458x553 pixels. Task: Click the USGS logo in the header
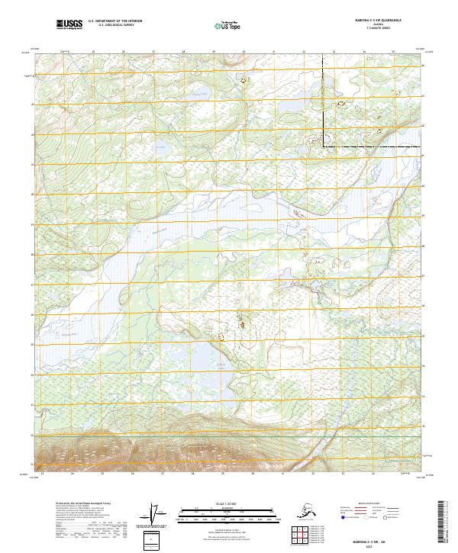(70, 26)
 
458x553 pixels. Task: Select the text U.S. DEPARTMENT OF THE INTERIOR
(115, 23)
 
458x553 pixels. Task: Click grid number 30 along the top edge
(244, 52)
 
